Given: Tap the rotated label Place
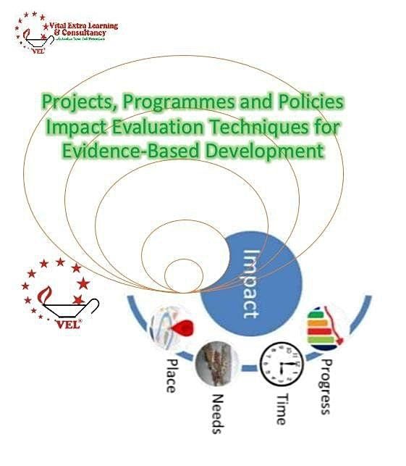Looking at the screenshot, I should coord(170,375).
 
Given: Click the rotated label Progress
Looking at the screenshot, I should coord(327,385).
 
